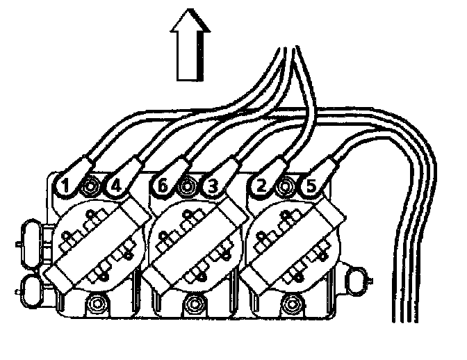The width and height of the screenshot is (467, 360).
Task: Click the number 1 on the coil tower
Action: [64, 186]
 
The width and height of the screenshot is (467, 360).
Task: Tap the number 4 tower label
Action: [115, 186]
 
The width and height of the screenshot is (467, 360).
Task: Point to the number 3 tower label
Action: [212, 186]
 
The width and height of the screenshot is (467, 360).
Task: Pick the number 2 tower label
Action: [261, 186]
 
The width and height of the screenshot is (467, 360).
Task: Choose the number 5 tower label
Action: [310, 186]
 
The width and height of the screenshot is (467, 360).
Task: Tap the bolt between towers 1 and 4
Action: [90, 186]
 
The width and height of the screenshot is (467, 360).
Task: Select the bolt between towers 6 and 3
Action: [186, 186]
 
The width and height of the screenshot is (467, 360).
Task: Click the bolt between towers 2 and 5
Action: [285, 186]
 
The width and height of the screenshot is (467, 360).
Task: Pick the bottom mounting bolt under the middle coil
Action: [195, 303]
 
